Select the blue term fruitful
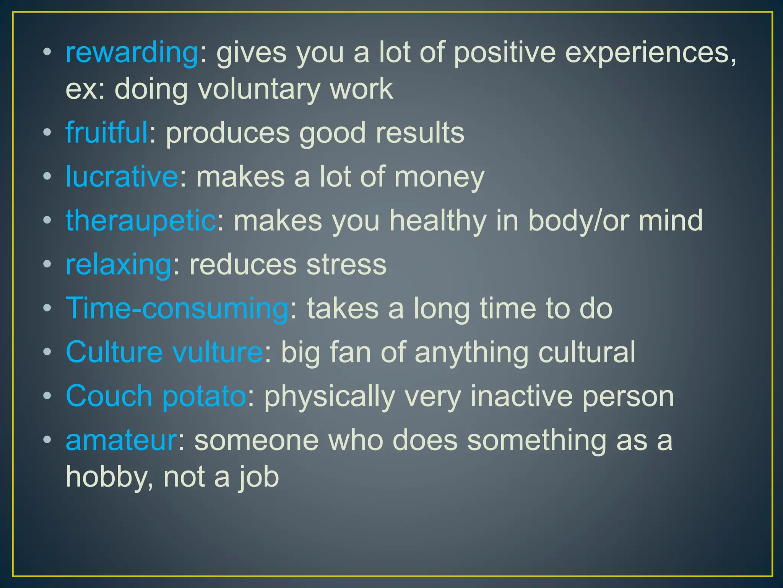(x=107, y=132)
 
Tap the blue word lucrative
(x=122, y=176)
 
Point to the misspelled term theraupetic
(x=141, y=220)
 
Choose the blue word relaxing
(x=119, y=265)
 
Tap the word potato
(x=204, y=396)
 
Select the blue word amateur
(x=121, y=440)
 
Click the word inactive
(x=521, y=396)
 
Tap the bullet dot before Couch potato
(x=47, y=397)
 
